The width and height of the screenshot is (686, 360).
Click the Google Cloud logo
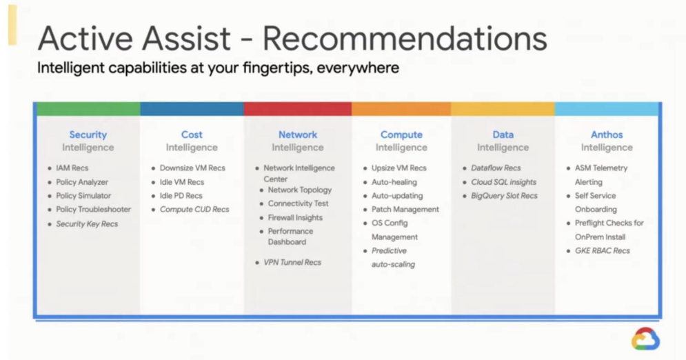[646, 339]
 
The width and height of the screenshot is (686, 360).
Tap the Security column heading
[88, 134]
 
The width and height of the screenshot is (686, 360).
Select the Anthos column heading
[607, 134]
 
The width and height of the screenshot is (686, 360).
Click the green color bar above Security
[88, 109]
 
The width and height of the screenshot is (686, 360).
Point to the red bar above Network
[298, 109]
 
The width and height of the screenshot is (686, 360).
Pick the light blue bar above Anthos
[607, 109]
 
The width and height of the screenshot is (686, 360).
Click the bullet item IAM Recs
[72, 168]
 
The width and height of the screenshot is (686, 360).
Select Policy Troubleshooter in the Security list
[93, 210]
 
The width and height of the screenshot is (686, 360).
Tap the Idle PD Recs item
[181, 196]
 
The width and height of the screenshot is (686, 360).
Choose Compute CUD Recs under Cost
[194, 210]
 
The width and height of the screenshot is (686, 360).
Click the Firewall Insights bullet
[295, 217]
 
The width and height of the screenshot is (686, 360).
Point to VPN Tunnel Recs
[292, 263]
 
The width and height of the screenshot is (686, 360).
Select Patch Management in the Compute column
[405, 210]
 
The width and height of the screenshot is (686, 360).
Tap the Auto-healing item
[394, 182]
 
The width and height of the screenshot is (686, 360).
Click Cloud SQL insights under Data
[503, 182]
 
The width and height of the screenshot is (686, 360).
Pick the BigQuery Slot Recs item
[504, 196]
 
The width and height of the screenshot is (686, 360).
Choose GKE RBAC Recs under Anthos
[603, 250]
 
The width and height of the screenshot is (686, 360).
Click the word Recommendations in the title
[405, 39]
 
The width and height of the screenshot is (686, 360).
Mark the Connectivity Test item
[298, 203]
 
